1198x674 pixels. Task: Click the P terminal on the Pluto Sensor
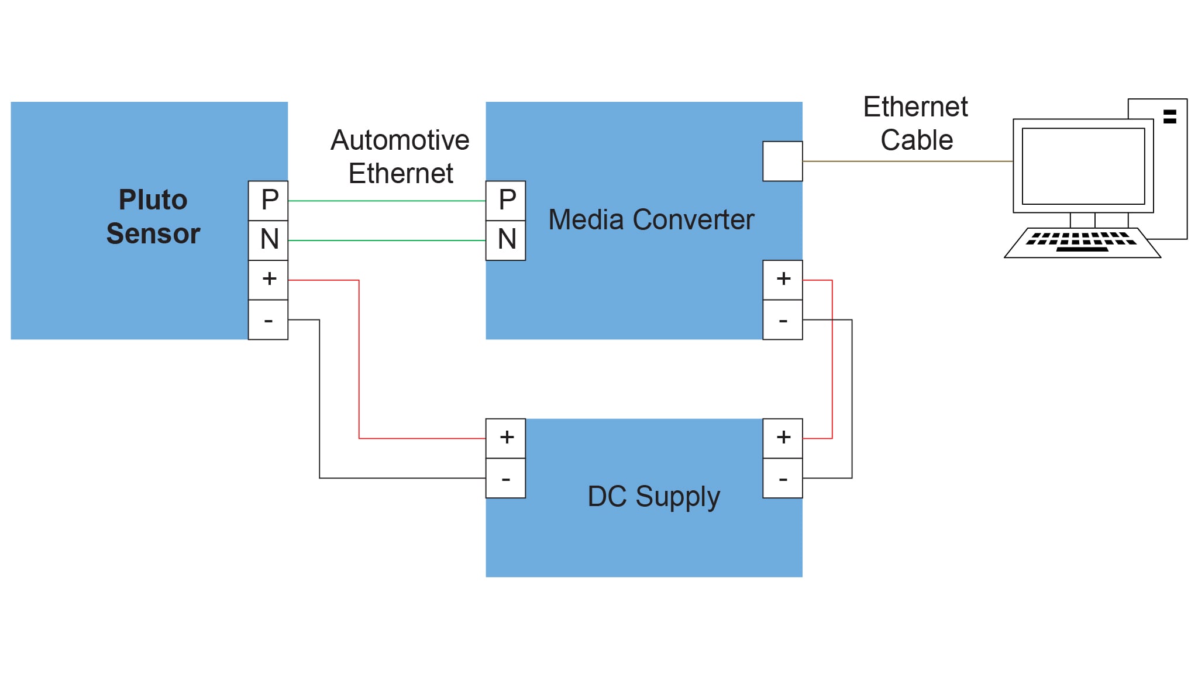pos(268,201)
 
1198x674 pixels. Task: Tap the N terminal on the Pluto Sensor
pos(268,240)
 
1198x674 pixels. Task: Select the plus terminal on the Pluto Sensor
pos(268,280)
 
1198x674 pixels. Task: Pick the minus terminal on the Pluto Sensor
pos(268,319)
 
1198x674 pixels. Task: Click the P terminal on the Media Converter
pos(505,201)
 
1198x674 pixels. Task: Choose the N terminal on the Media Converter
pos(505,240)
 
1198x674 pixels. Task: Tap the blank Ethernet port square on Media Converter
pos(782,161)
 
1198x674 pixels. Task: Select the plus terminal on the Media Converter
pos(782,280)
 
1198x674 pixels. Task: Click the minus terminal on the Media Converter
pos(782,319)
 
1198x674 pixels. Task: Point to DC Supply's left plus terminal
pos(505,438)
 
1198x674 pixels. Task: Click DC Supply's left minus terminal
pos(505,478)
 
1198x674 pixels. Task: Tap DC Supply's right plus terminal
pos(782,438)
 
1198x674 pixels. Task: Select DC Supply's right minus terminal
pos(782,478)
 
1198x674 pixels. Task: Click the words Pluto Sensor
pos(153,216)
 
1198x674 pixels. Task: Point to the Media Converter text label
pos(650,220)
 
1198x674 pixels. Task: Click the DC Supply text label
pos(653,497)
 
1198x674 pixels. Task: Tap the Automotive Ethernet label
pos(400,157)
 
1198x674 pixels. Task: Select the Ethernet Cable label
pos(915,123)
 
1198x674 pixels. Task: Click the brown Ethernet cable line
pos(907,161)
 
